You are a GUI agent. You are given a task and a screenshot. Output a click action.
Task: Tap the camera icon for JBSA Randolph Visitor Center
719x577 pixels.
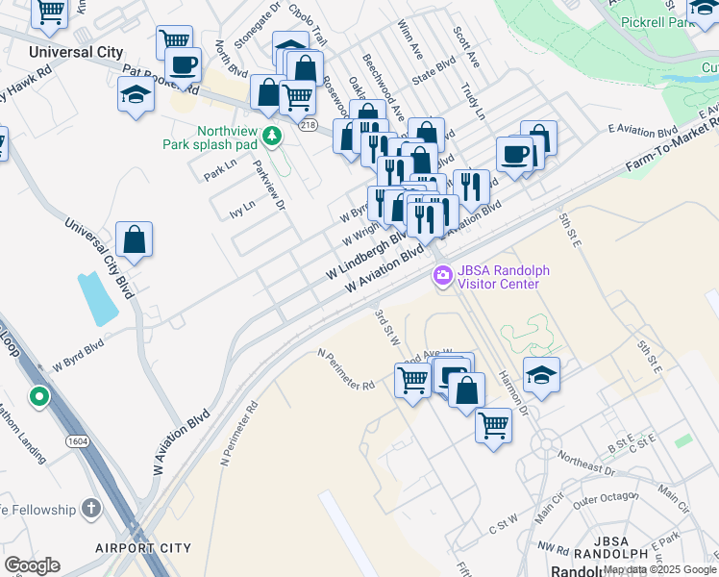point(442,276)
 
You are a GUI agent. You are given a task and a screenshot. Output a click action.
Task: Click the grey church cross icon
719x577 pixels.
point(91,508)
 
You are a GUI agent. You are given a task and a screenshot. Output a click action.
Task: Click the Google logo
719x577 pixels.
point(32,565)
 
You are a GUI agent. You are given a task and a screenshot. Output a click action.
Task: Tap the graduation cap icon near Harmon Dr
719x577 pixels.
point(542,374)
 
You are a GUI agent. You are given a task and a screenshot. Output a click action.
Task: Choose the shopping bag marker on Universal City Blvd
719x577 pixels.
point(135,239)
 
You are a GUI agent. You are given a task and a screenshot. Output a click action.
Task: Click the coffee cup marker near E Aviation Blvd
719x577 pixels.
point(515,154)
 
